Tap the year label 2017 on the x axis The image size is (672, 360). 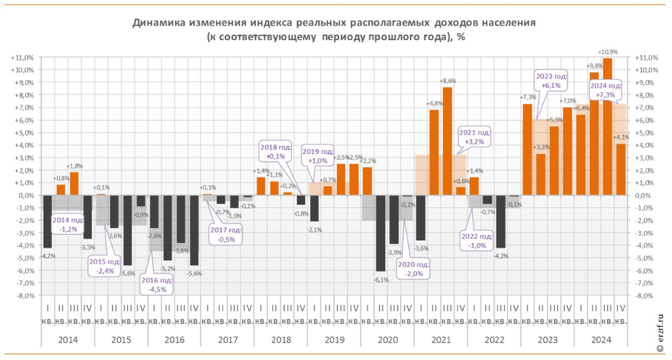click(x=227, y=340)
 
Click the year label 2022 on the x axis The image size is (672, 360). click(x=494, y=340)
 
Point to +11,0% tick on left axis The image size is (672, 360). click(x=22, y=58)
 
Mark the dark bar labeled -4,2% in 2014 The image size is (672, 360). click(x=47, y=221)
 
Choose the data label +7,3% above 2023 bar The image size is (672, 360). click(x=527, y=97)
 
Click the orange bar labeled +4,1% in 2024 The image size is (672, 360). click(x=620, y=170)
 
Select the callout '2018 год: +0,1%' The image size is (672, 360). click(x=276, y=151)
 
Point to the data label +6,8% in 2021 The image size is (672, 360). click(x=434, y=104)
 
